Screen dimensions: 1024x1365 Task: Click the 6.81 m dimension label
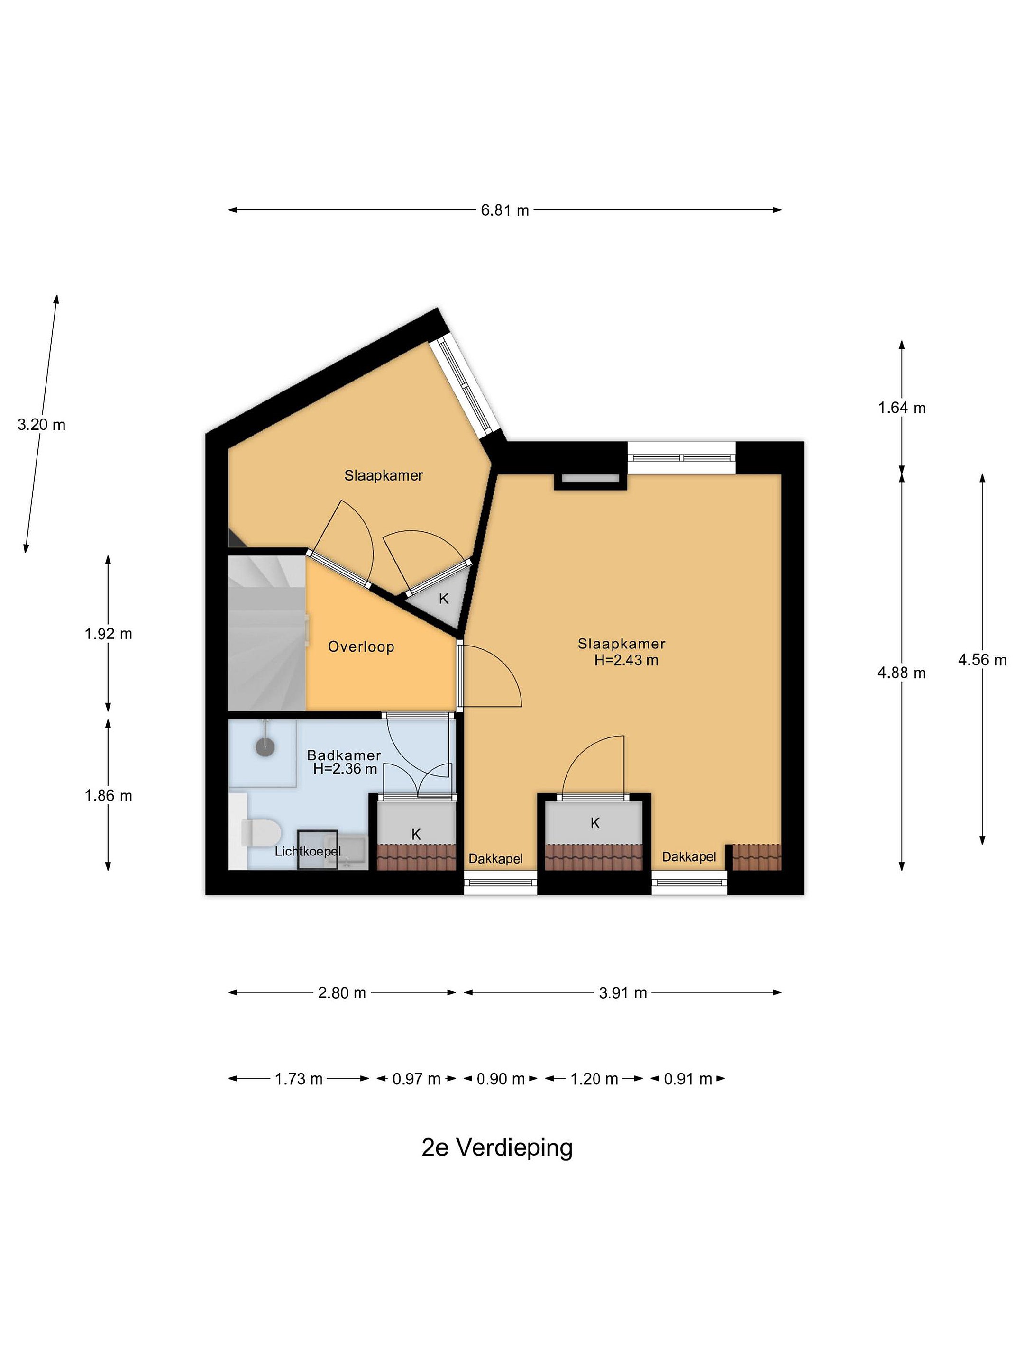pyautogui.click(x=504, y=210)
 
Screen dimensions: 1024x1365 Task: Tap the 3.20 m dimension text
pyautogui.click(x=41, y=425)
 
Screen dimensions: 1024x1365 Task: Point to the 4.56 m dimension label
pyautogui.click(x=982, y=660)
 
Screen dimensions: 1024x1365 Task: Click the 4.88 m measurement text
pyautogui.click(x=901, y=673)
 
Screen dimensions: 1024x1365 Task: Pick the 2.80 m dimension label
pyautogui.click(x=342, y=993)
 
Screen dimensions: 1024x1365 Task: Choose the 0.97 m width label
pyautogui.click(x=417, y=1079)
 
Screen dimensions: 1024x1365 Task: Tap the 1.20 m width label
pyautogui.click(x=594, y=1079)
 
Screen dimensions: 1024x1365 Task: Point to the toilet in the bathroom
pyautogui.click(x=259, y=832)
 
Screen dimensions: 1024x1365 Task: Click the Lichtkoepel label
pyautogui.click(x=307, y=852)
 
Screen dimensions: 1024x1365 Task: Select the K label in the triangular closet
pyautogui.click(x=443, y=599)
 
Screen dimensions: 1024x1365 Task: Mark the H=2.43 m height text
pyautogui.click(x=626, y=660)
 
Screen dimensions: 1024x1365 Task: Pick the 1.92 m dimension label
pyautogui.click(x=108, y=634)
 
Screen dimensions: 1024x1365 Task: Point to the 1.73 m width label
pyautogui.click(x=299, y=1079)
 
